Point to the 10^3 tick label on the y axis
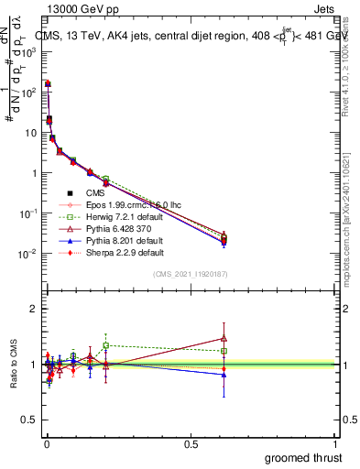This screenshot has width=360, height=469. click(27, 52)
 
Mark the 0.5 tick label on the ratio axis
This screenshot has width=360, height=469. click(28, 420)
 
